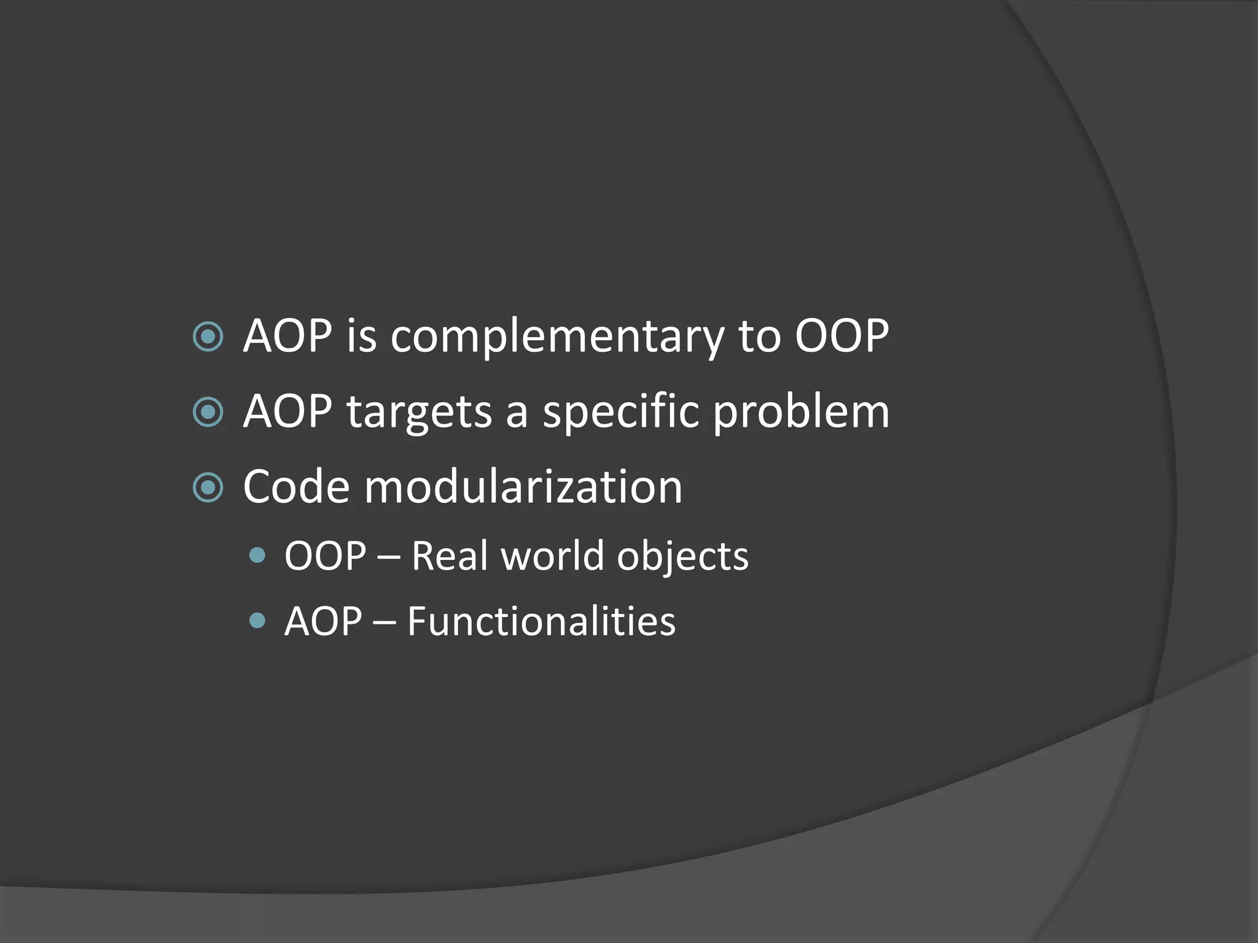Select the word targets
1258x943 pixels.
pyautogui.click(x=419, y=412)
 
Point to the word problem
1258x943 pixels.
pyautogui.click(x=801, y=412)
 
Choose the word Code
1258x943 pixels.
pyautogui.click(x=297, y=487)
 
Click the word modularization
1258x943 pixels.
pyautogui.click(x=523, y=487)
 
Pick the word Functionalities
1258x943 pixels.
pyautogui.click(x=541, y=621)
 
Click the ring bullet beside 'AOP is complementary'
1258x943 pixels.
pyautogui.click(x=208, y=336)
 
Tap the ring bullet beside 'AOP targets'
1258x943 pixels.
pyautogui.click(x=208, y=412)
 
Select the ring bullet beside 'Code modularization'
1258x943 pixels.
pyautogui.click(x=208, y=487)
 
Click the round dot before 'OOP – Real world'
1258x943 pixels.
pyautogui.click(x=258, y=556)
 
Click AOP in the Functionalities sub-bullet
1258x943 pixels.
pyautogui.click(x=324, y=621)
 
